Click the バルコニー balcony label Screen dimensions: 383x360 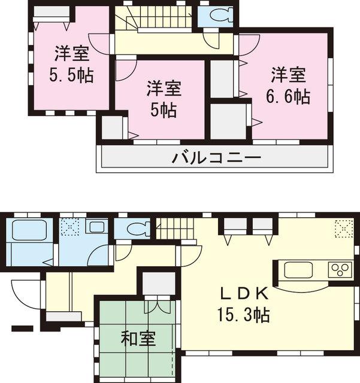(x=216, y=159)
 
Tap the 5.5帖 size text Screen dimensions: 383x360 (x=72, y=76)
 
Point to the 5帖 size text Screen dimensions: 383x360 (x=164, y=110)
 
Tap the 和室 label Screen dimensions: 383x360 (x=138, y=339)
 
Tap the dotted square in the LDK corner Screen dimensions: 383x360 (x=343, y=228)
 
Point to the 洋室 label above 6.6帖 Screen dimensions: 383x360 (x=289, y=76)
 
